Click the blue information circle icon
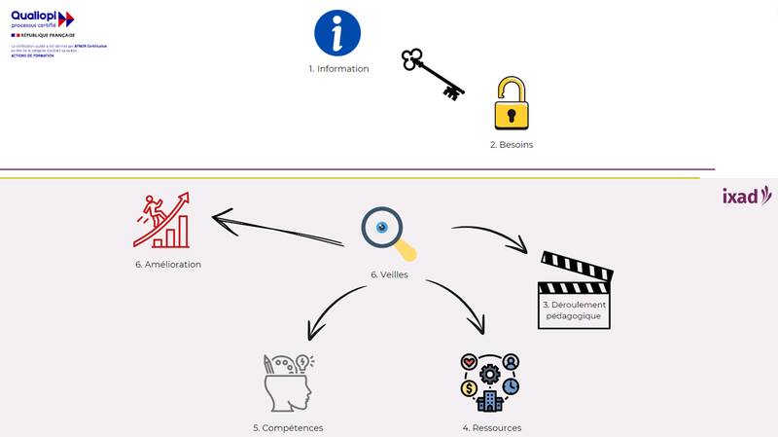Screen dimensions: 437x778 337,33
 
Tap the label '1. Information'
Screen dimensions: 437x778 338,69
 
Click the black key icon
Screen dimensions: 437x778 432,74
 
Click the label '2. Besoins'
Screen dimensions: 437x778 511,145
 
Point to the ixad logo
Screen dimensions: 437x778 746,196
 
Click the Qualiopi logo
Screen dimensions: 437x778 43,18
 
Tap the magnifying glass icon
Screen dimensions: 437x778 387,234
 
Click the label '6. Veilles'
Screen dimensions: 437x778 389,274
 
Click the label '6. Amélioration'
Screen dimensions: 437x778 168,264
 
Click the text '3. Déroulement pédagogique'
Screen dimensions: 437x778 574,310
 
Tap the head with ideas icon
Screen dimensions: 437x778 288,382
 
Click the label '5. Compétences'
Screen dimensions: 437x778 288,427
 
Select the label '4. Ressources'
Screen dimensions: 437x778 491,427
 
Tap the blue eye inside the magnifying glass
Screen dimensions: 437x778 382,227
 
